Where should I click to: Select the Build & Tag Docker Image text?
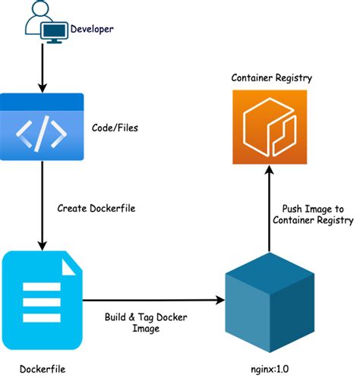[147, 323]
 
